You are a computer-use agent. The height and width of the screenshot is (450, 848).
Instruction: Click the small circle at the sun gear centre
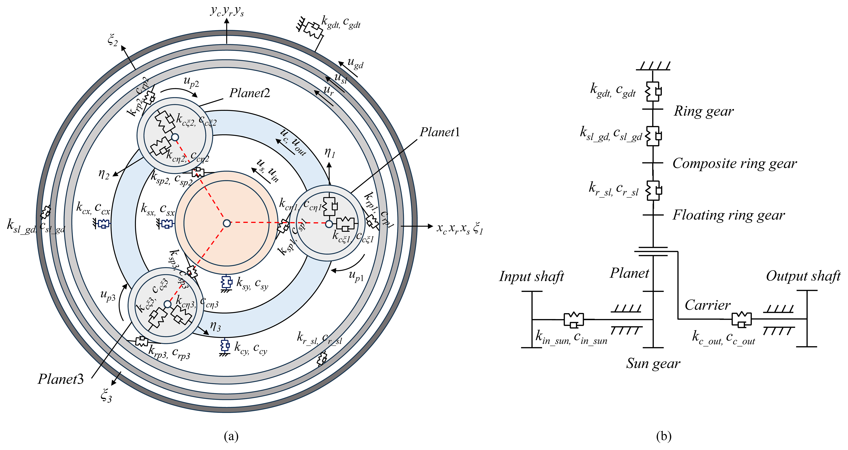click(227, 223)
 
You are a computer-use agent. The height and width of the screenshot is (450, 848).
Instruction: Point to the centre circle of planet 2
click(175, 137)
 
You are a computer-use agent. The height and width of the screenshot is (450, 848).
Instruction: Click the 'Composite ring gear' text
click(734, 163)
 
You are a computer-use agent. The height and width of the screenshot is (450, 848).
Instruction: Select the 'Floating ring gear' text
click(729, 215)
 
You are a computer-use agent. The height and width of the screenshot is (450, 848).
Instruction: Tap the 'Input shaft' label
click(531, 276)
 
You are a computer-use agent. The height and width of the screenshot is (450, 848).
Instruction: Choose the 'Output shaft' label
click(803, 276)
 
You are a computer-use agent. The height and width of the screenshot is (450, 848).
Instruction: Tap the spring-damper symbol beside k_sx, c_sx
click(167, 224)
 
